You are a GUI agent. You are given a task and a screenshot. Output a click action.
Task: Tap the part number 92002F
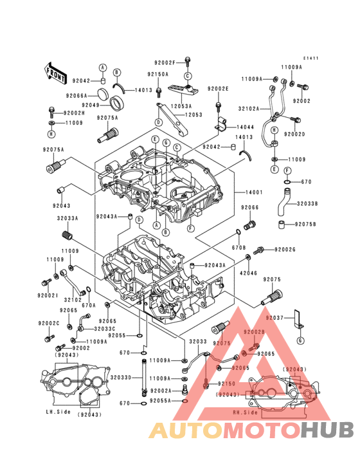(x=165, y=62)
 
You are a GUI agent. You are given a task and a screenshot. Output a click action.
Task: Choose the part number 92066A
(x=76, y=95)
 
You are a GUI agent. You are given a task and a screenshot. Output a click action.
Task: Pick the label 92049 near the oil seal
(x=91, y=105)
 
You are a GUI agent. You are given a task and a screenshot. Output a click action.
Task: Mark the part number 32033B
(x=307, y=204)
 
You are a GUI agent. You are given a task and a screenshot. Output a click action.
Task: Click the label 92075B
(x=305, y=225)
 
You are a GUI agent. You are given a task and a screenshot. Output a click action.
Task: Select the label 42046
(x=249, y=273)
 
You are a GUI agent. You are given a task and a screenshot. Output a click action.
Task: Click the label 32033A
(x=67, y=218)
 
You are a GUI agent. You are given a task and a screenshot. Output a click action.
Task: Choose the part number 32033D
(x=121, y=377)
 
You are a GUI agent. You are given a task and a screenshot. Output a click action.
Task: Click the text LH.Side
(x=58, y=411)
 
